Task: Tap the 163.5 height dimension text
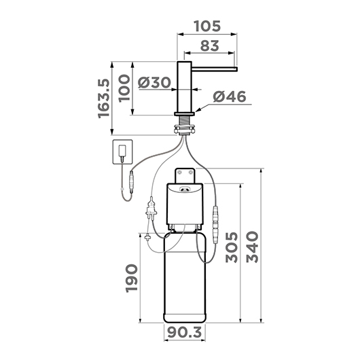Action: click(103, 96)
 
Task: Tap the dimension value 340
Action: click(253, 249)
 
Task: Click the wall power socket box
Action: click(122, 153)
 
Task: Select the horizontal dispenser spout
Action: click(214, 68)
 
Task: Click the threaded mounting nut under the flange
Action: click(185, 127)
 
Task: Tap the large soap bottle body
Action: click(185, 278)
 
